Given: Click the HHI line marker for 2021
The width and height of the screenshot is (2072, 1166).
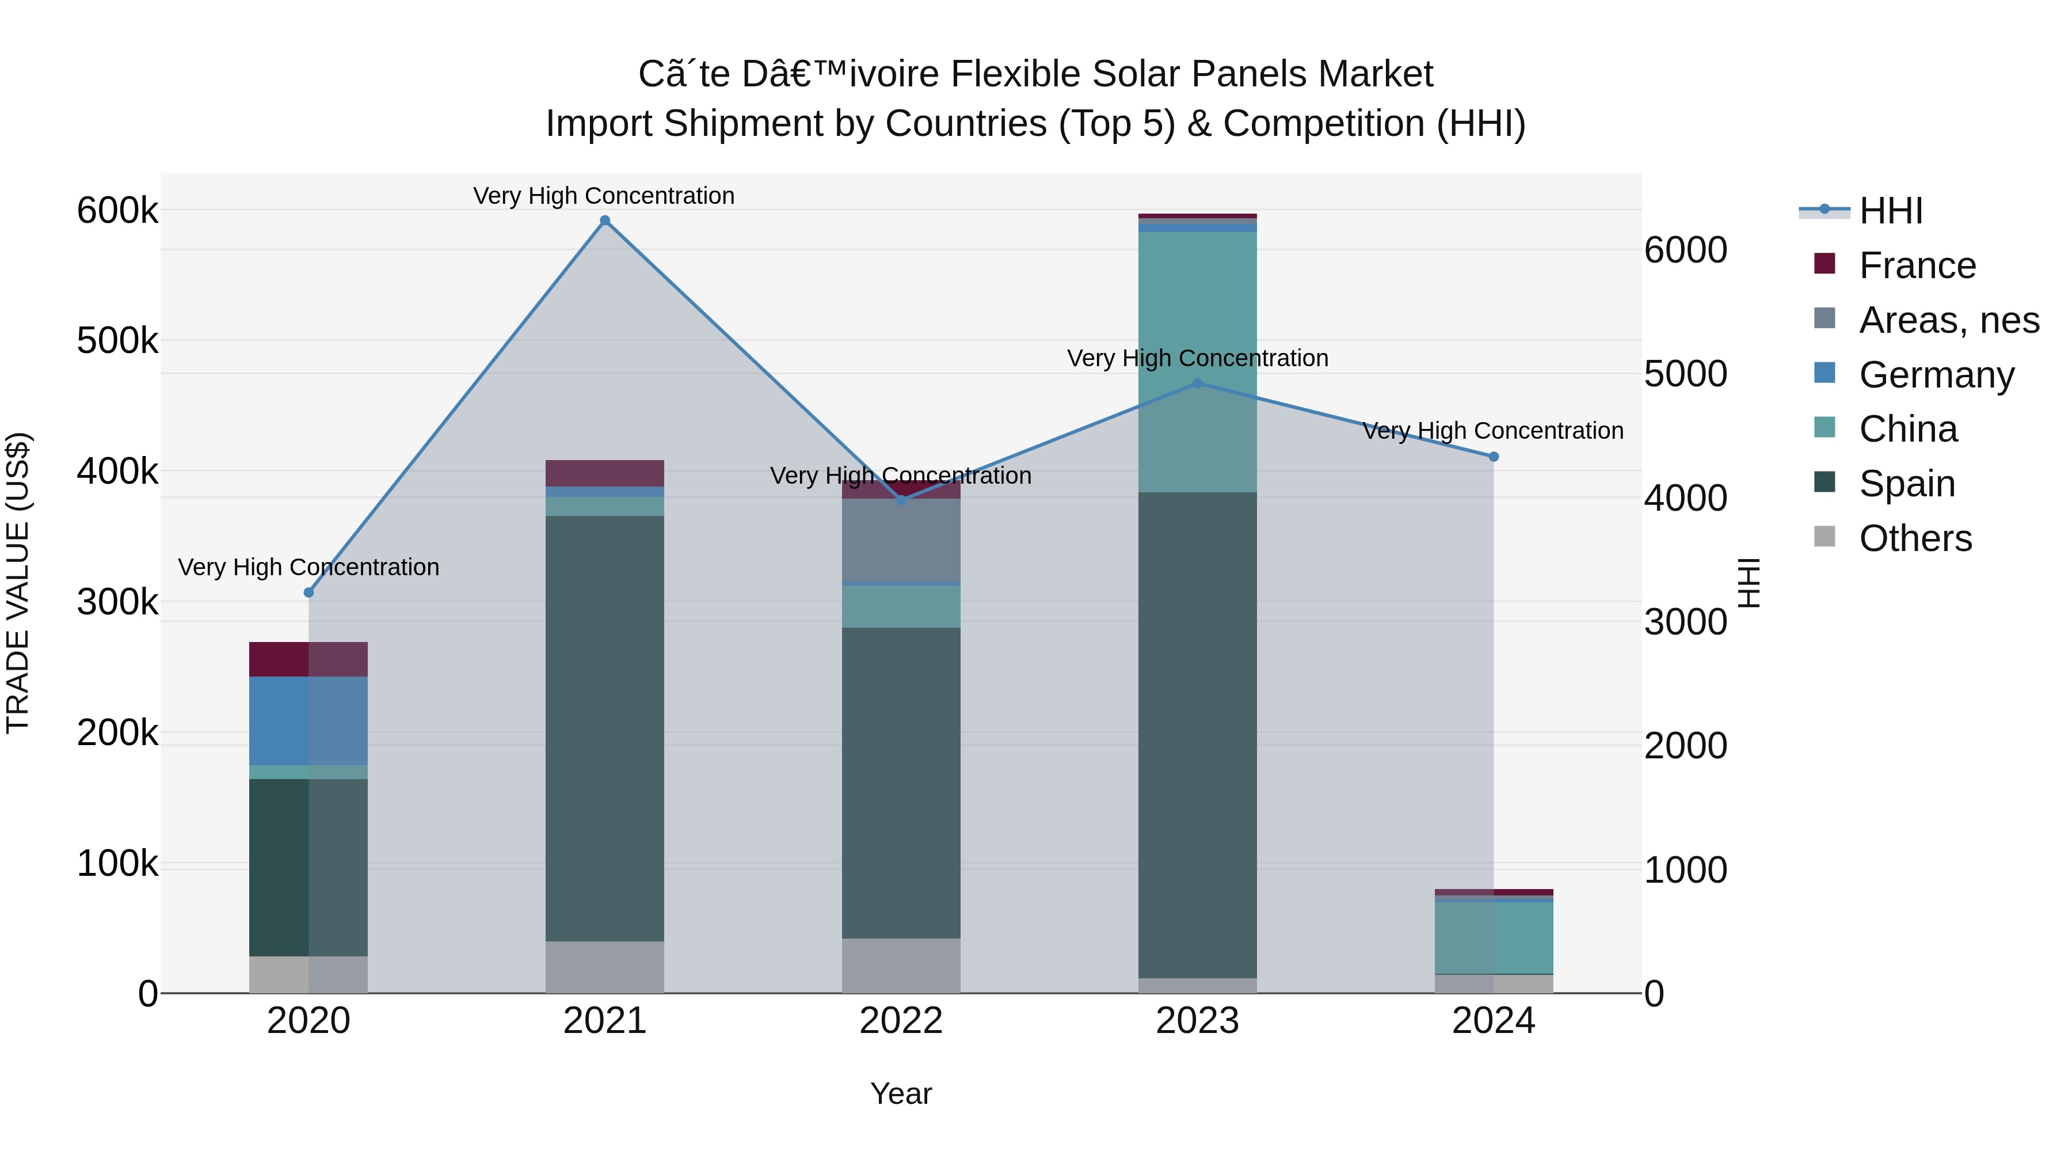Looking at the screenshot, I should tap(605, 221).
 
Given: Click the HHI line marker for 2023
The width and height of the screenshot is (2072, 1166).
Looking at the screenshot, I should tap(1197, 384).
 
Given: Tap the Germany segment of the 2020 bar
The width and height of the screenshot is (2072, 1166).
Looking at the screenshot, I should tap(308, 720).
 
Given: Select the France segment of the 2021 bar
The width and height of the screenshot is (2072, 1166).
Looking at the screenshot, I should tap(605, 473).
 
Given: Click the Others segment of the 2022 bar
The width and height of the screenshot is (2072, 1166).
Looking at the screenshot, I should tap(901, 965).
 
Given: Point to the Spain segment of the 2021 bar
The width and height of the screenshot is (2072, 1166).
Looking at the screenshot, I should tap(605, 728).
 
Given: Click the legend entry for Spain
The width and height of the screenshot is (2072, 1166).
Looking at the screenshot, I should tap(1906, 484).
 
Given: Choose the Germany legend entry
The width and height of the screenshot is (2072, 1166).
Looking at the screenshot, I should tap(1936, 375).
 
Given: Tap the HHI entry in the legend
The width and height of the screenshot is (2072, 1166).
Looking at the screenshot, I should tap(1890, 211).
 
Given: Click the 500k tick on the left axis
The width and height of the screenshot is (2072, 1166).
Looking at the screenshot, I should tap(117, 341).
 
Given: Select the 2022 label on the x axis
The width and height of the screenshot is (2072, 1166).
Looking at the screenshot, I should tap(901, 1021).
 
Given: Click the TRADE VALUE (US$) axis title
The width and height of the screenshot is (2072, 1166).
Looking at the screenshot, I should tap(18, 583).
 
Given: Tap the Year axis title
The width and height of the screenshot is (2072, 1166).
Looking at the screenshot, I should tap(901, 1093).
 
